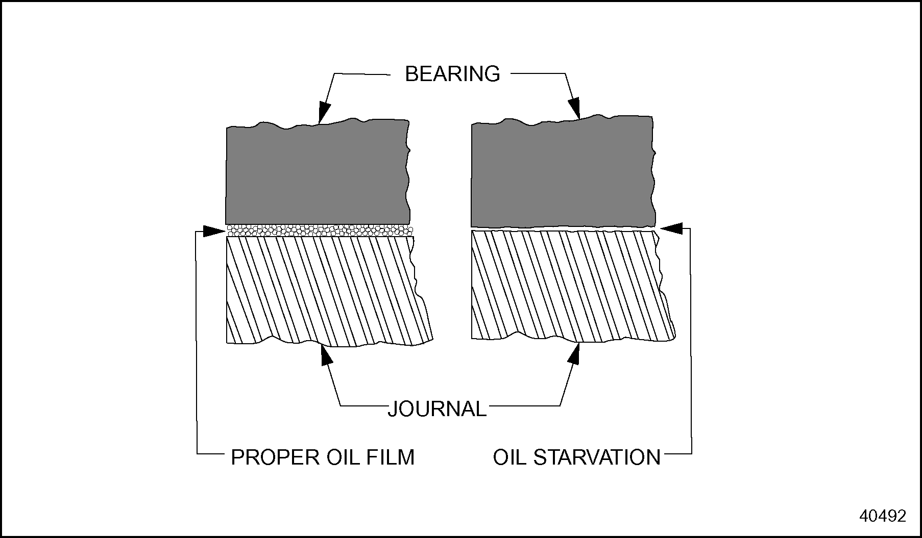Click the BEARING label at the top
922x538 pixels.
pyautogui.click(x=452, y=74)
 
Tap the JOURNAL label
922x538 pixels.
pyautogui.click(x=438, y=409)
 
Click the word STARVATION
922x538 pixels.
pyautogui.click(x=597, y=457)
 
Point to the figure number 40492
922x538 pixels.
pyautogui.click(x=883, y=516)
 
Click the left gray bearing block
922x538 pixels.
pyautogui.click(x=317, y=173)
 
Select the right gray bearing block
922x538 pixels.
pyautogui.click(x=562, y=173)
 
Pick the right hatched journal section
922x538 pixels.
pyautogui.click(x=567, y=286)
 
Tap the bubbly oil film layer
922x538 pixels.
pyautogui.click(x=319, y=230)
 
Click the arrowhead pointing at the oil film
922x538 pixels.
pyautogui.click(x=214, y=231)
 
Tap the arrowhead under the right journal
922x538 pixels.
pyautogui.click(x=575, y=353)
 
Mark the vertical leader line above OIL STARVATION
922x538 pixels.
pyautogui.click(x=691, y=342)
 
